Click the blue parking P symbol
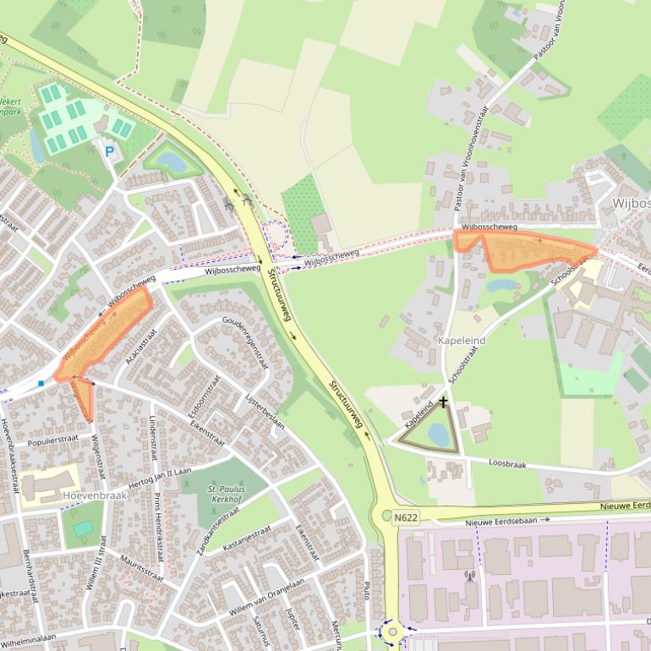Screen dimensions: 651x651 coord(109,151)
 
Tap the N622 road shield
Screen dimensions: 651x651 coord(406,517)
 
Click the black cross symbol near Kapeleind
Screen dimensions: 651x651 coord(442,402)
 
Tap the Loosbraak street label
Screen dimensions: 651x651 coord(508,462)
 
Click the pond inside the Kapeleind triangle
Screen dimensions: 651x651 coord(438,434)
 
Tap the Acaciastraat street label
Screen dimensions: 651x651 coord(138,345)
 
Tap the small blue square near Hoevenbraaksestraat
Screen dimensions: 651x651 coord(41,384)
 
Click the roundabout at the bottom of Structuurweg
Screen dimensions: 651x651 coord(391,631)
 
